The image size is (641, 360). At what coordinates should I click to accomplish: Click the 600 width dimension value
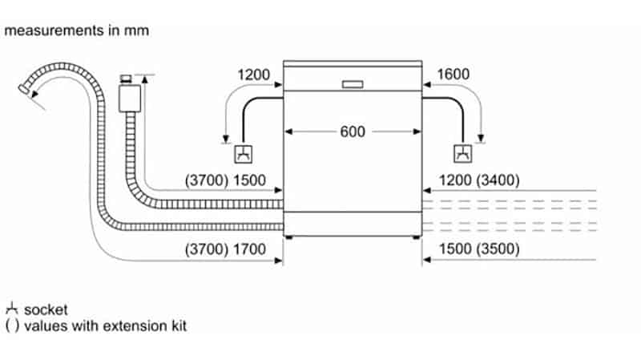pyautogui.click(x=353, y=131)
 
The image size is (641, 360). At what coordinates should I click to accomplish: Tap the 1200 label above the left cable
pyautogui.click(x=255, y=75)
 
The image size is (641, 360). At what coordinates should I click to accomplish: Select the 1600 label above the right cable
pyautogui.click(x=454, y=75)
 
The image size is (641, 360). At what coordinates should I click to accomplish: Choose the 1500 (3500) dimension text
pyautogui.click(x=480, y=249)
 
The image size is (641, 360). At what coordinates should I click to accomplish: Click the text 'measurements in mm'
pyautogui.click(x=76, y=30)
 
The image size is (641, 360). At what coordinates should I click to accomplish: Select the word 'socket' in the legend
pyautogui.click(x=46, y=309)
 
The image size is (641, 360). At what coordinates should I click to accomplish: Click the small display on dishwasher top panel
pyautogui.click(x=353, y=83)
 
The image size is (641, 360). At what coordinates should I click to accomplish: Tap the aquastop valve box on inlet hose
pyautogui.click(x=127, y=97)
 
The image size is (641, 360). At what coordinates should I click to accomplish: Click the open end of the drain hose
pyautogui.click(x=31, y=93)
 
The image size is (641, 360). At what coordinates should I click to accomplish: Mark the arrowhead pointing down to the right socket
pyautogui.click(x=481, y=134)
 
